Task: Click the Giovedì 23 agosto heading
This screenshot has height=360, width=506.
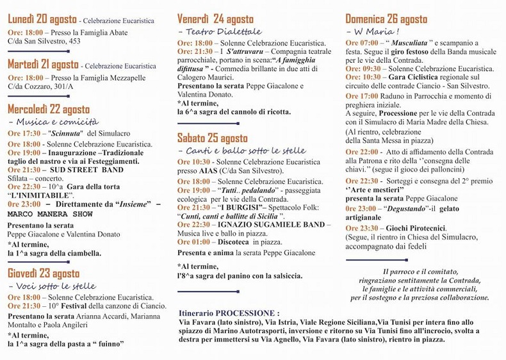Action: click(x=44, y=274)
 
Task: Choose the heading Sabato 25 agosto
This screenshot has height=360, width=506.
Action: click(x=212, y=138)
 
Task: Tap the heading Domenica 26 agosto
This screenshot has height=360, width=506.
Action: click(x=386, y=19)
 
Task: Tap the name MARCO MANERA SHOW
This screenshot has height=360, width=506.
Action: click(x=51, y=213)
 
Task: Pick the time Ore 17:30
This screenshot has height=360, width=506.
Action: click(x=24, y=133)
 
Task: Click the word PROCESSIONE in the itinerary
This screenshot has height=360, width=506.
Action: click(x=247, y=313)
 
